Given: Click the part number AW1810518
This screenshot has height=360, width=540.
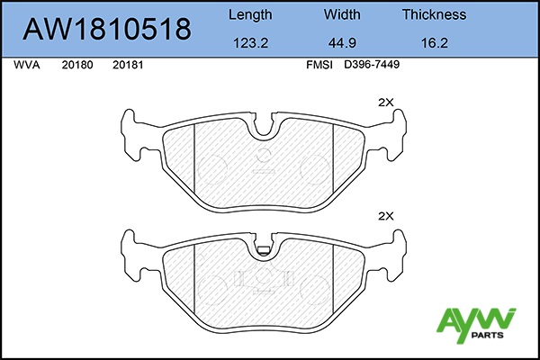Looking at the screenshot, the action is click(107, 29).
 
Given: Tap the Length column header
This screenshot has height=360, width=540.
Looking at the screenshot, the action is click(250, 14).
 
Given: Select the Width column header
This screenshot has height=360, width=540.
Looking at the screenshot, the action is click(342, 14).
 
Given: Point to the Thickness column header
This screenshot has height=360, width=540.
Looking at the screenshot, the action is click(435, 14).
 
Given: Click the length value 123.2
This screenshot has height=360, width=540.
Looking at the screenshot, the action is click(251, 43).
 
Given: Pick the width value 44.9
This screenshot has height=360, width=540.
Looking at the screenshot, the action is click(342, 43).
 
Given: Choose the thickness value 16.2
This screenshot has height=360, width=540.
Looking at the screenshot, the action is click(435, 43).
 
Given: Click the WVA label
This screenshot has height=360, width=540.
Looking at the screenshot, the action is click(27, 65).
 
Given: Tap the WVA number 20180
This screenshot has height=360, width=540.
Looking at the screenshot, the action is click(77, 65).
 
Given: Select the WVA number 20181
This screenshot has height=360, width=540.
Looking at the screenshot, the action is click(128, 65).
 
